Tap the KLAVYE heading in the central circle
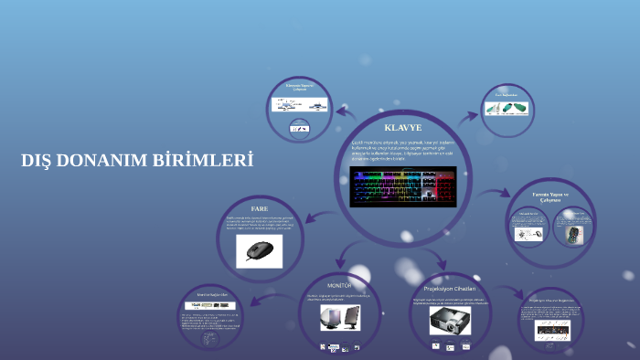coord(403,127)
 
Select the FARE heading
coord(260,208)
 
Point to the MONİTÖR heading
coord(339,286)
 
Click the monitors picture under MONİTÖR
coord(339,317)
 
